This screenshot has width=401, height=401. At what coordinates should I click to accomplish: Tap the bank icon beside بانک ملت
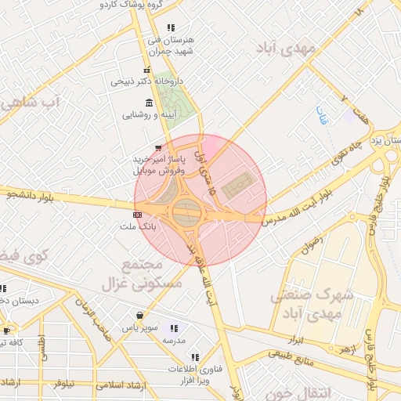pyautogui.click(x=138, y=214)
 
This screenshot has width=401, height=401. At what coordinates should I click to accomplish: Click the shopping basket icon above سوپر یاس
pyautogui.click(x=139, y=316)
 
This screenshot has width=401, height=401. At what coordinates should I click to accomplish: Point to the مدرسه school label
pyautogui.click(x=173, y=341)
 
